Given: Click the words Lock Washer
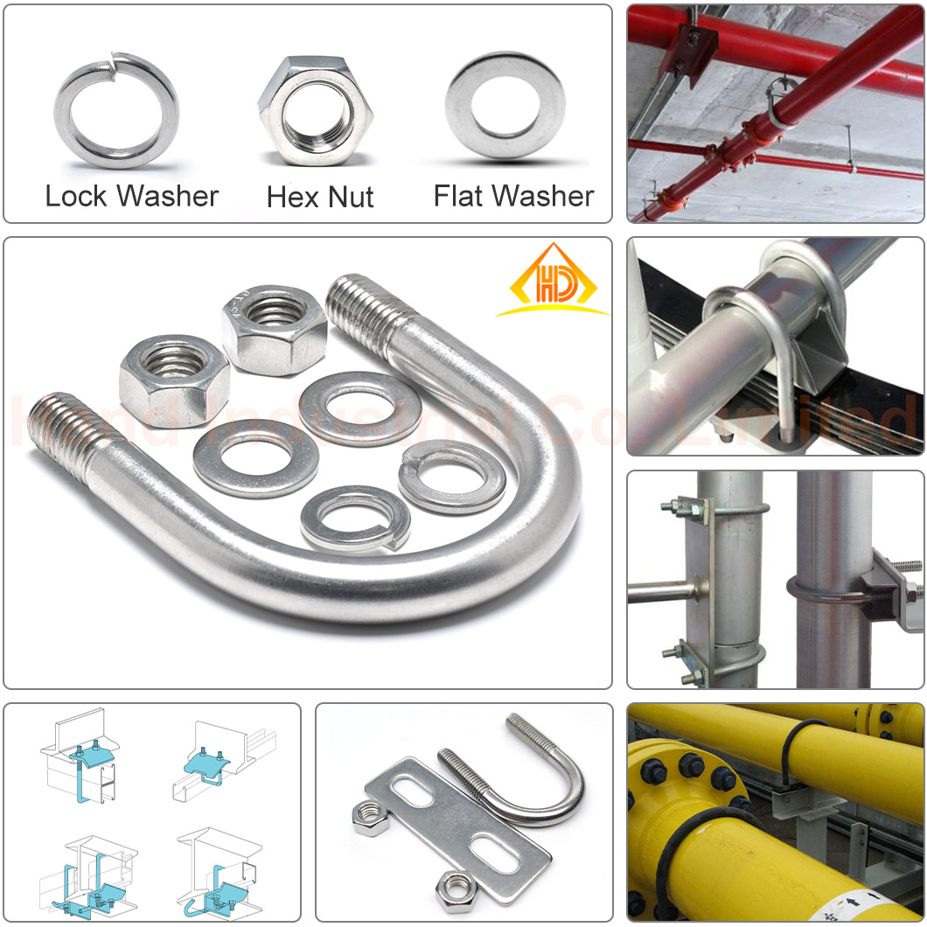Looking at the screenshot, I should coord(132,195).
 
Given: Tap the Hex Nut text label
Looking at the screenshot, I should coord(320,196).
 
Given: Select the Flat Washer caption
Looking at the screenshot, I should coord(513,195).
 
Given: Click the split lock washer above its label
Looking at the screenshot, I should coord(116,110).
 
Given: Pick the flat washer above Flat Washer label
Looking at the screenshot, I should coord(505,105).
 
